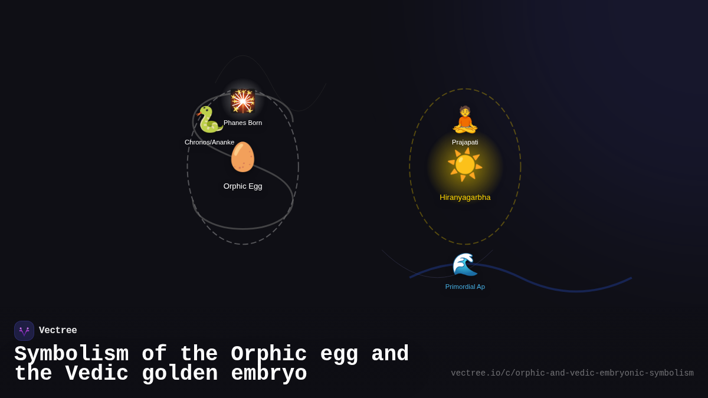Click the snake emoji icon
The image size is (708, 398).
pos(209,120)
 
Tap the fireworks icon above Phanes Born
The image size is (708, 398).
pos(242,101)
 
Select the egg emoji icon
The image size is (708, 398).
pos(242,157)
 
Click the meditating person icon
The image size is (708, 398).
pos(465,120)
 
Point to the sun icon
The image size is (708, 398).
pos(465,165)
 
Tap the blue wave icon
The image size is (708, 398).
pos(465,264)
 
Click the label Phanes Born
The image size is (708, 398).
pos(242,123)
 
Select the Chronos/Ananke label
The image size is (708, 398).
pos(209,142)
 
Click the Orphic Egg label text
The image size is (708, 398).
pos(242,186)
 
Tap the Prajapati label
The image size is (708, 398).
pos(465,142)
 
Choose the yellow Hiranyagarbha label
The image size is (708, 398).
pos(465,198)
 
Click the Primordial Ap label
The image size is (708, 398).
pos(465,287)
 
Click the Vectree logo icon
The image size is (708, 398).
pos(24,331)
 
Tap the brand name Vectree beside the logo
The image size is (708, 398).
pos(58,331)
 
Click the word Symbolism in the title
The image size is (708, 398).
pos(71,354)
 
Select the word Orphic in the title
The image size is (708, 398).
pos(269,354)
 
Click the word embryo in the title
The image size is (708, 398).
pos(269,374)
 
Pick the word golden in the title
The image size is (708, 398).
pos(180,374)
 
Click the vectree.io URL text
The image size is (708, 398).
pos(572,373)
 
